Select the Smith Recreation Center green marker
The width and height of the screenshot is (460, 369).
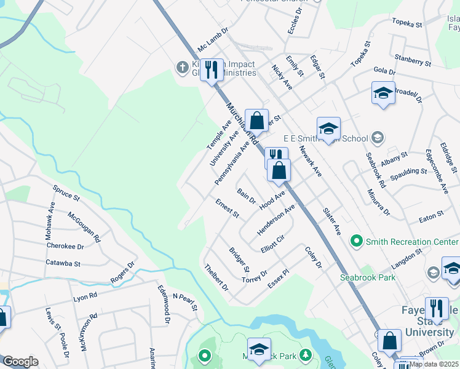tap(355, 241)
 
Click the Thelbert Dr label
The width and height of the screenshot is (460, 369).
tap(216, 277)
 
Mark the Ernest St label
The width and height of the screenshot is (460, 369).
tap(227, 208)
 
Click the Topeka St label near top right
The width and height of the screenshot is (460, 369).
tap(408, 25)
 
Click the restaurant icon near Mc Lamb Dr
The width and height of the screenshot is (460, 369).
tap(212, 69)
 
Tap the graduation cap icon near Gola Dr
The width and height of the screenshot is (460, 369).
tap(383, 93)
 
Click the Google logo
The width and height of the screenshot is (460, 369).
tap(20, 362)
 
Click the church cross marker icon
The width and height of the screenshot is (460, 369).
tap(182, 67)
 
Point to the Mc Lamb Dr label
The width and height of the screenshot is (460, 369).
tap(213, 38)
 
